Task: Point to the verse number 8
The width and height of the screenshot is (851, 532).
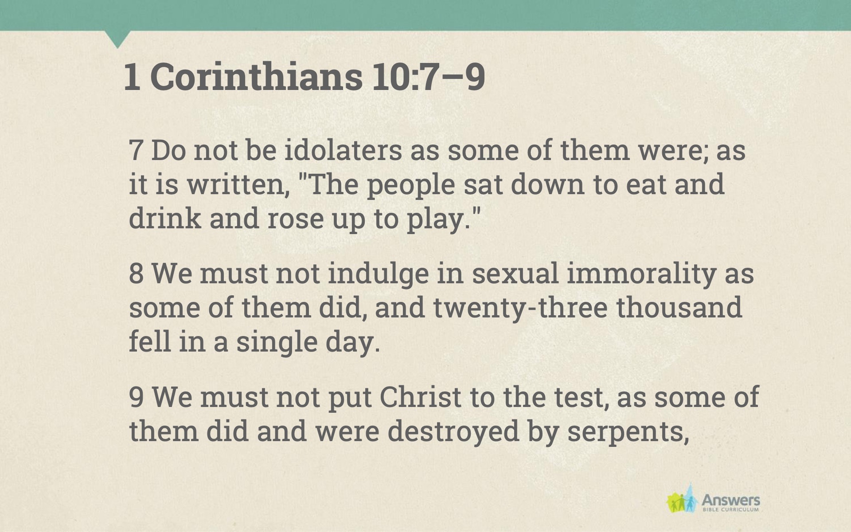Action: point(136,273)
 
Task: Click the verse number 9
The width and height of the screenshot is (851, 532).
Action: point(136,396)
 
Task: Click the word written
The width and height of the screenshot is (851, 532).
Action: point(238,184)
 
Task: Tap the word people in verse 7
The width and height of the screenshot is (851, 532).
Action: point(411,185)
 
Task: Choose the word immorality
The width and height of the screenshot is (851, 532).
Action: point(641,274)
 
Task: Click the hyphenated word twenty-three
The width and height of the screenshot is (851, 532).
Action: point(520,307)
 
